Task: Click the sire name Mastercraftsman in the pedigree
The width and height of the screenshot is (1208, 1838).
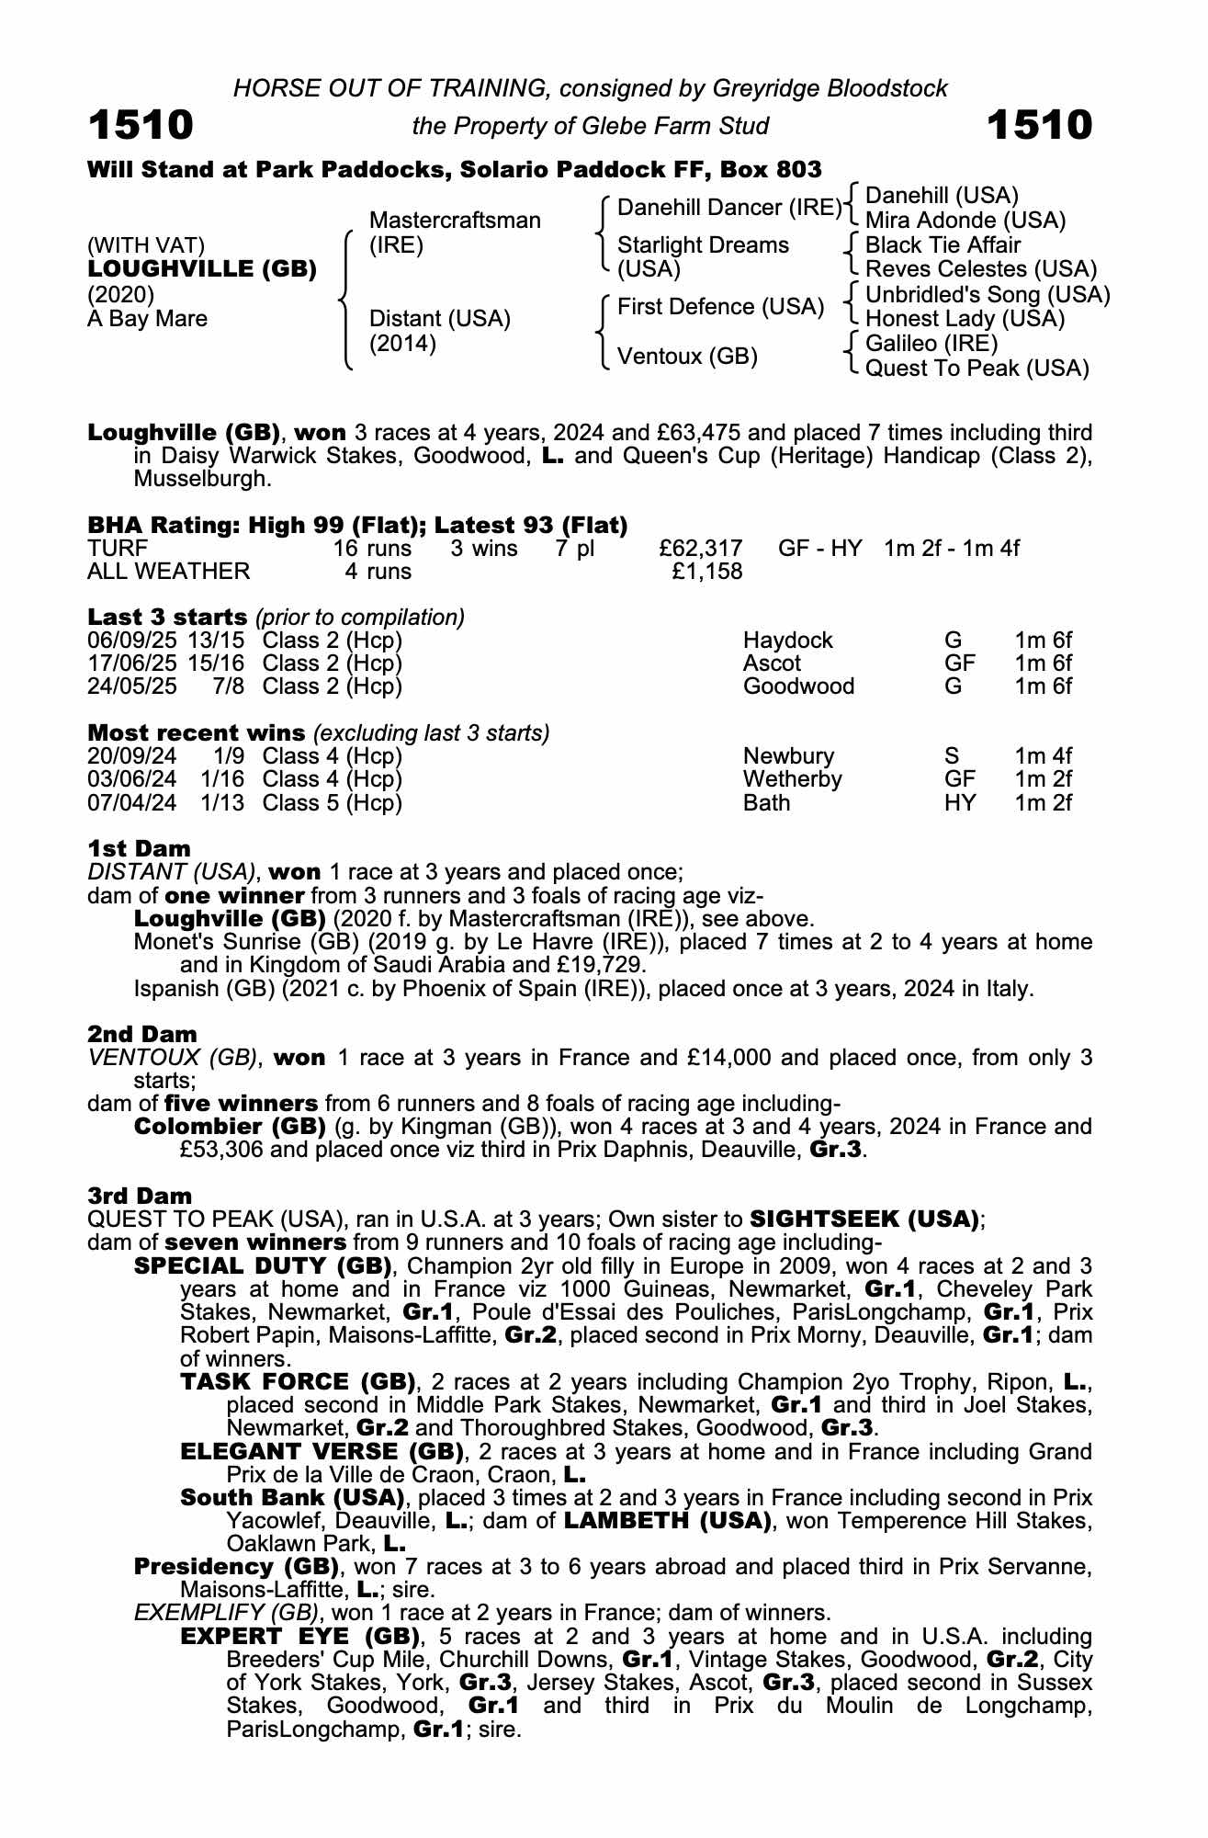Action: point(454,221)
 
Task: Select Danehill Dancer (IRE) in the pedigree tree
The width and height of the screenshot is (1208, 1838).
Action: point(728,208)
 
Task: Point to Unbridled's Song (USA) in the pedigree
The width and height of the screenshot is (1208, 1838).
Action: point(988,295)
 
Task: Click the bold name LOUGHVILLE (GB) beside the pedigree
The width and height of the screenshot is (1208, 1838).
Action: point(202,269)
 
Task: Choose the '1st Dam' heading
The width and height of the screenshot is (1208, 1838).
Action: point(139,848)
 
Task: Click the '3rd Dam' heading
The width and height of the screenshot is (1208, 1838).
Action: point(140,1196)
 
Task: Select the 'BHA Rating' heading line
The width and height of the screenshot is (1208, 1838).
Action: point(357,525)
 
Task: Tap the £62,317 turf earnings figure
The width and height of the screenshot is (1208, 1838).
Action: point(701,549)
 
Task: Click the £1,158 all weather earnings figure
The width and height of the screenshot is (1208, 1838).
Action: point(707,572)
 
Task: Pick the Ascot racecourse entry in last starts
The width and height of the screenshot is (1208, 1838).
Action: point(772,664)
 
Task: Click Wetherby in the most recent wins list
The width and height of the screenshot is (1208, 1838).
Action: point(792,779)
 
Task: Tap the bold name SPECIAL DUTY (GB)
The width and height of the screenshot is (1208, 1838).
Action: point(264,1265)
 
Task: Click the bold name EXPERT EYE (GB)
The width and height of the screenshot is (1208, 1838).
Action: point(300,1637)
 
